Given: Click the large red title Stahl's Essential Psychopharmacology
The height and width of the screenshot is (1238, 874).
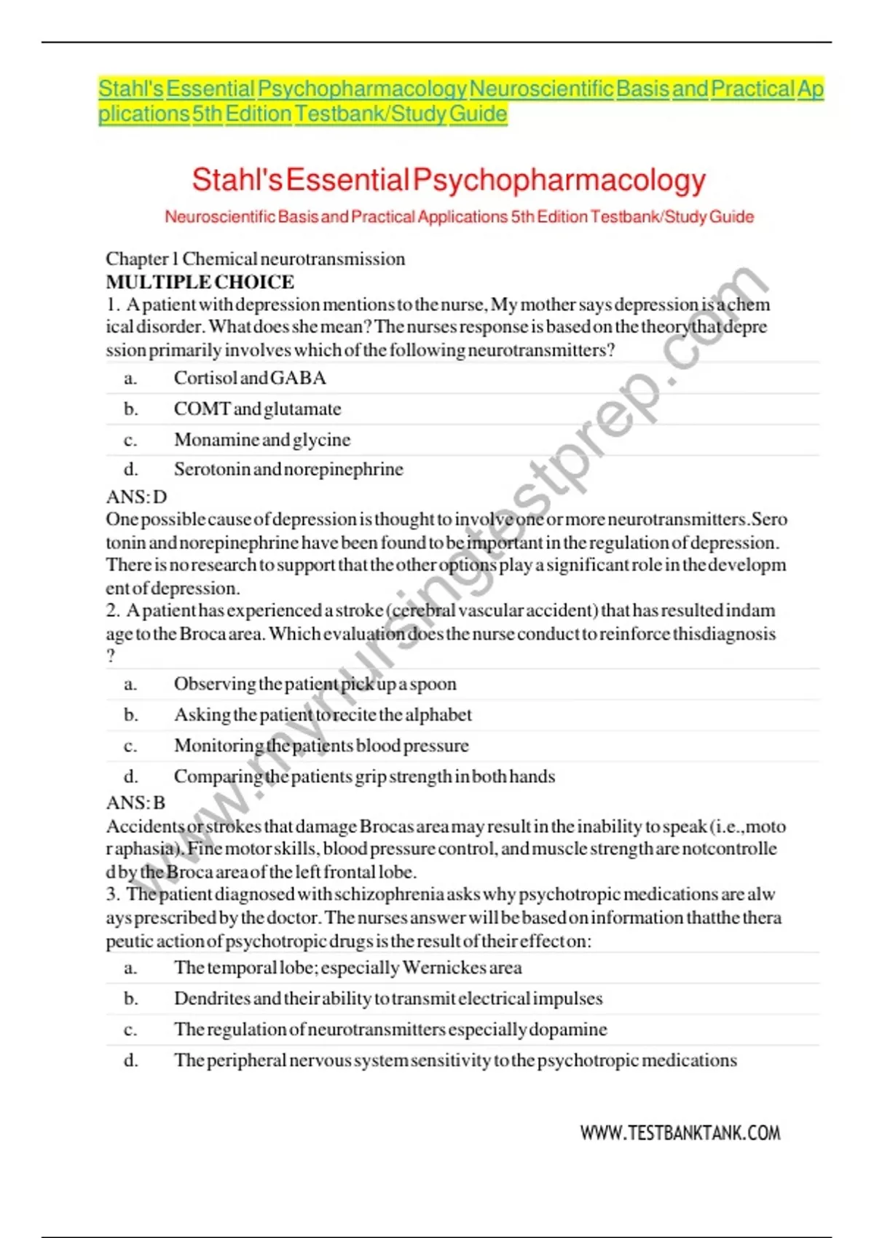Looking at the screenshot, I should click(x=449, y=180).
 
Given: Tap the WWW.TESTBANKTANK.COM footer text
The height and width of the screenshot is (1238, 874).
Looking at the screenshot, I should click(x=680, y=1132).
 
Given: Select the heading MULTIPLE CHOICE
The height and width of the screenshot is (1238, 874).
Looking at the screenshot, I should click(x=200, y=282).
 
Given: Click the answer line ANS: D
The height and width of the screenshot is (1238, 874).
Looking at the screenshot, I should click(x=137, y=497).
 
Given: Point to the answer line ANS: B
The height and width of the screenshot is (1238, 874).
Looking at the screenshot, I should click(x=136, y=803).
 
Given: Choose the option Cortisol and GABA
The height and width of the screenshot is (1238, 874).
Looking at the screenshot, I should click(x=250, y=378).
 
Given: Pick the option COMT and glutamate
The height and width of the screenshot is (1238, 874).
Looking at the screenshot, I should click(x=257, y=409).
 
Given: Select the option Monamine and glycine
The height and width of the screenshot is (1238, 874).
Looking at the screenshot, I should click(x=262, y=440).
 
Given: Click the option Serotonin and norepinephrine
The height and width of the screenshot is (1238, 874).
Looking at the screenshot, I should click(x=288, y=469).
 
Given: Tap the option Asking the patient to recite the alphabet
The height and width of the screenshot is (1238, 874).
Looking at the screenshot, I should click(x=323, y=715).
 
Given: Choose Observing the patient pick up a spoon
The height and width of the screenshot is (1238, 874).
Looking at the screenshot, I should click(x=315, y=684).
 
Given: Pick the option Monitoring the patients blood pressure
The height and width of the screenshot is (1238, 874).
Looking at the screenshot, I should click(x=321, y=746).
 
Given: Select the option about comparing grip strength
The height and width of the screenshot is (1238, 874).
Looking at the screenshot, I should click(x=364, y=776).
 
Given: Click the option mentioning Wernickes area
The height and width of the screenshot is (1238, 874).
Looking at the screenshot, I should click(x=347, y=968).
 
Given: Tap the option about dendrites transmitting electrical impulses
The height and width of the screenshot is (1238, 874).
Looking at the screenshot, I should click(x=388, y=998).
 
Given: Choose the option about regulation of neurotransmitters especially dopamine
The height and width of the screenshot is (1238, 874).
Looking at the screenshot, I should click(x=390, y=1030).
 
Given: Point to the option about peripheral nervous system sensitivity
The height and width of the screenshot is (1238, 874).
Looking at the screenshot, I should click(x=455, y=1060).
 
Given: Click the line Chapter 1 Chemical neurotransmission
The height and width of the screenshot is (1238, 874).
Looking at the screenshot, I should click(x=256, y=259).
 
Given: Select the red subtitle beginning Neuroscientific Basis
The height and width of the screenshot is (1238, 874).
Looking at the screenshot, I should click(x=459, y=217).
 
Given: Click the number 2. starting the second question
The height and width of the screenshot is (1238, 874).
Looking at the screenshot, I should click(x=113, y=610).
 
